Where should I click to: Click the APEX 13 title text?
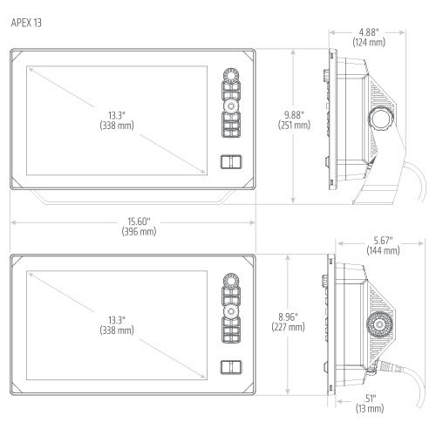click(x=26, y=23)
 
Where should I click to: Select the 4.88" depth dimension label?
click(x=369, y=32)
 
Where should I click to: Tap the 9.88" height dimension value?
click(x=294, y=115)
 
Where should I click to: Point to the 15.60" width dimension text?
click(x=139, y=221)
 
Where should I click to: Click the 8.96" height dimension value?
click(x=288, y=317)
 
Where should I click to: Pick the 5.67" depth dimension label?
click(x=383, y=241)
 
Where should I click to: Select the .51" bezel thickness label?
click(x=370, y=399)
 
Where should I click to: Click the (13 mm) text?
click(x=370, y=408)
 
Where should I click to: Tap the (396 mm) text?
click(x=139, y=232)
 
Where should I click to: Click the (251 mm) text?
click(x=294, y=125)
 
